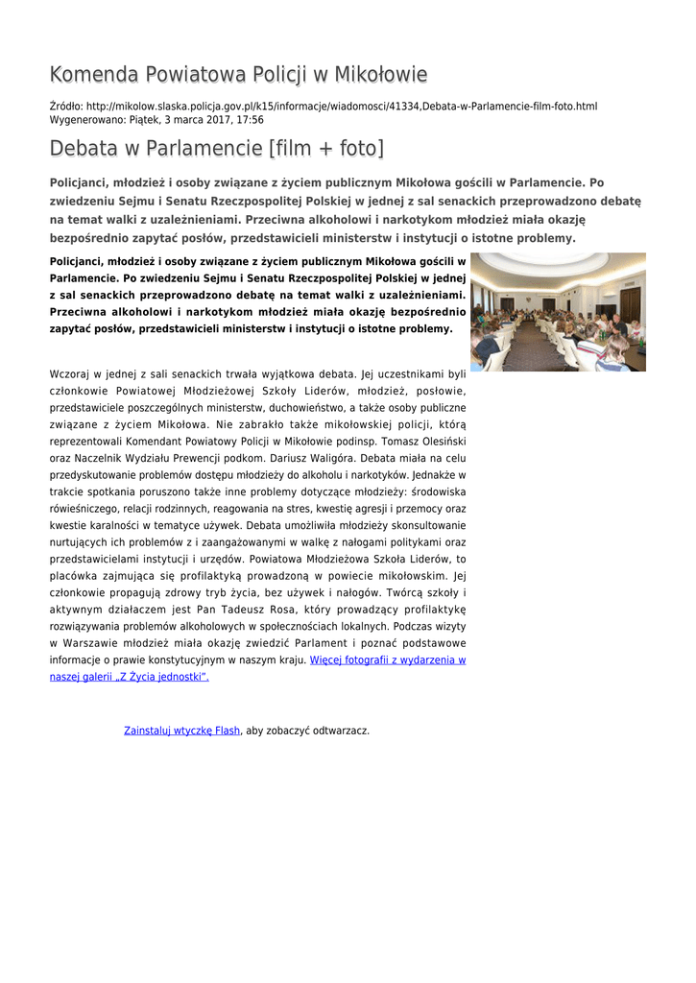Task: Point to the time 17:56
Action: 250,120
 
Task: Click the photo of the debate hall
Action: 558,311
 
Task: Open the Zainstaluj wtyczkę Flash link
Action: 182,731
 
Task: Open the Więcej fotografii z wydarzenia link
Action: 387,660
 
